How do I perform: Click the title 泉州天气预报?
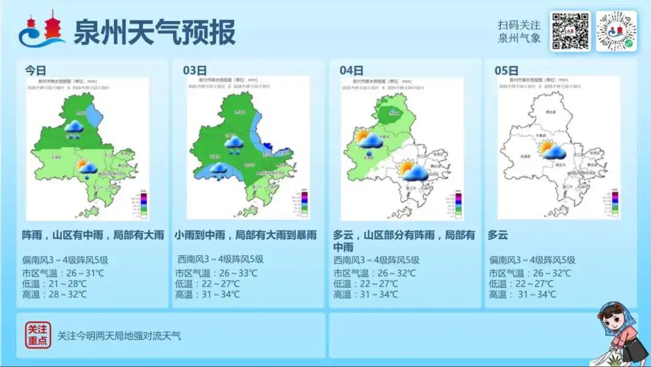pyautogui.click(x=154, y=32)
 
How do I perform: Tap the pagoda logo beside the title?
pyautogui.click(x=42, y=30)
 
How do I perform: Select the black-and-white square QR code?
pyautogui.click(x=570, y=31)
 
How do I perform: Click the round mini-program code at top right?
pyautogui.click(x=616, y=31)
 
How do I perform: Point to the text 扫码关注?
pyautogui.click(x=519, y=25)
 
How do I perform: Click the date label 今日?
pyautogui.click(x=36, y=70)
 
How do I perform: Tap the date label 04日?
pyautogui.click(x=351, y=70)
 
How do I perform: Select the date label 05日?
pyautogui.click(x=506, y=70)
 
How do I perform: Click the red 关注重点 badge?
pyautogui.click(x=37, y=335)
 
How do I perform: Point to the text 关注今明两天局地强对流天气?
pyautogui.click(x=119, y=336)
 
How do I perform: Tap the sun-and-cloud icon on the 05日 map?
pyautogui.click(x=552, y=150)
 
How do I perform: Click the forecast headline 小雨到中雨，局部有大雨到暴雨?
pyautogui.click(x=245, y=235)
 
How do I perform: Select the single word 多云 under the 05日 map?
pyautogui.click(x=498, y=235)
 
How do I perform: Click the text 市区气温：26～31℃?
pyautogui.click(x=64, y=273)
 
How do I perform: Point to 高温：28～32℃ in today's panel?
pyautogui.click(x=55, y=295)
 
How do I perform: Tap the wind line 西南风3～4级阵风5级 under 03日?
pyautogui.click(x=220, y=260)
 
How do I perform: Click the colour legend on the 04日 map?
pyautogui.click(x=458, y=204)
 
